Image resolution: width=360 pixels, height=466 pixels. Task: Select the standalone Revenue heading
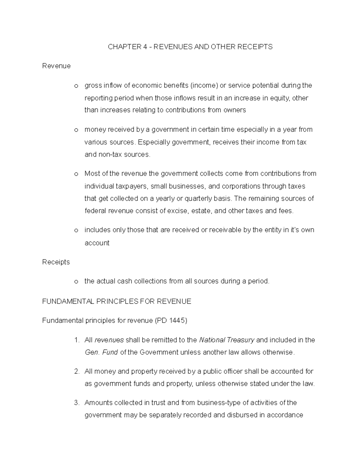(56, 66)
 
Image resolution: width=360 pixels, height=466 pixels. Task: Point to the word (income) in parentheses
(204, 86)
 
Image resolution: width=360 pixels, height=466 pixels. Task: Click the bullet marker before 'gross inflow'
(76, 86)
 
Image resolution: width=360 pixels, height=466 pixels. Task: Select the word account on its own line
(97, 243)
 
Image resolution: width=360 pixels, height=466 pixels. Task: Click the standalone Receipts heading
(56, 262)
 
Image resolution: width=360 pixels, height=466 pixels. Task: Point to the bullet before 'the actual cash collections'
(76, 282)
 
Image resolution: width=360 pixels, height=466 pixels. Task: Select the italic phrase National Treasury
(227, 340)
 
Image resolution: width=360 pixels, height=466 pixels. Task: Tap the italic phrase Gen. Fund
(101, 352)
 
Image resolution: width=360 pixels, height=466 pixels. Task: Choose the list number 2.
(77, 371)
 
